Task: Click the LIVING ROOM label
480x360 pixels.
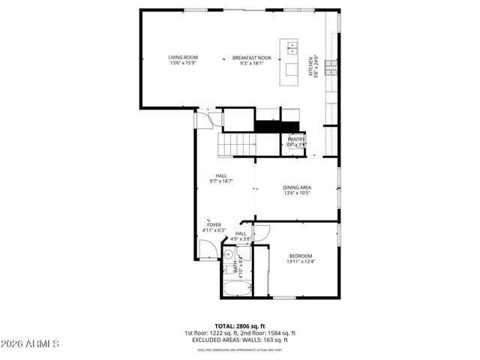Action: (182, 57)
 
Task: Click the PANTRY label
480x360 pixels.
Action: (296, 139)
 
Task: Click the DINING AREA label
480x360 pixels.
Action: (297, 187)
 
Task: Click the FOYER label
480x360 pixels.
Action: (214, 224)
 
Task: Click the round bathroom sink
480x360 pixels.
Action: (226, 255)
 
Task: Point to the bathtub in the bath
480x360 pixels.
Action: (235, 289)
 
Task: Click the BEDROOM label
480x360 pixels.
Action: (300, 256)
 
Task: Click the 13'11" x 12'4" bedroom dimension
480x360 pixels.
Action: (300, 262)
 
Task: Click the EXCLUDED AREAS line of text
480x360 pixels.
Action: (240, 340)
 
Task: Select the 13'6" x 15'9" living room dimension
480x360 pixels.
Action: (182, 62)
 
